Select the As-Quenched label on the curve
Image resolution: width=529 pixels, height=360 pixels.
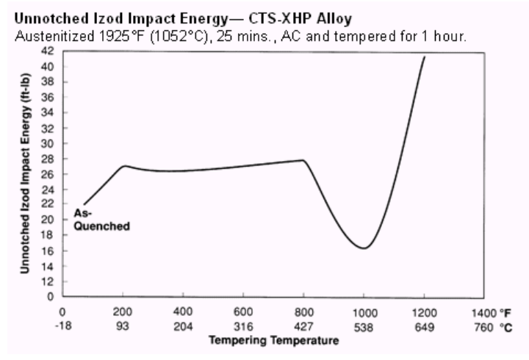coord(102,220)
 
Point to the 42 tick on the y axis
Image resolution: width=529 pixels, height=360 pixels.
coord(52,50)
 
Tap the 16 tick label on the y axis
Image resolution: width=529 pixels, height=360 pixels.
coord(52,251)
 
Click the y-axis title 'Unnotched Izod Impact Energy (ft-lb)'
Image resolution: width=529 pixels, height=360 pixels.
coord(26,173)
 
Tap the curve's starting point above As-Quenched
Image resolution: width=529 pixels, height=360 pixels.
coord(84,204)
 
